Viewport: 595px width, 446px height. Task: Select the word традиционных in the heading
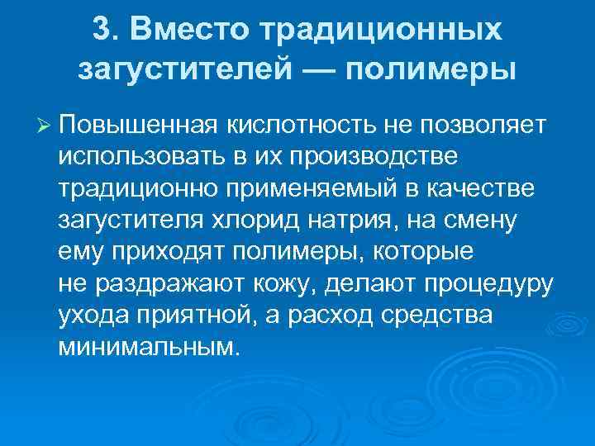coord(382,31)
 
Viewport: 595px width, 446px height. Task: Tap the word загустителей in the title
coord(183,70)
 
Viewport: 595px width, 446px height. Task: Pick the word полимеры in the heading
coord(431,70)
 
